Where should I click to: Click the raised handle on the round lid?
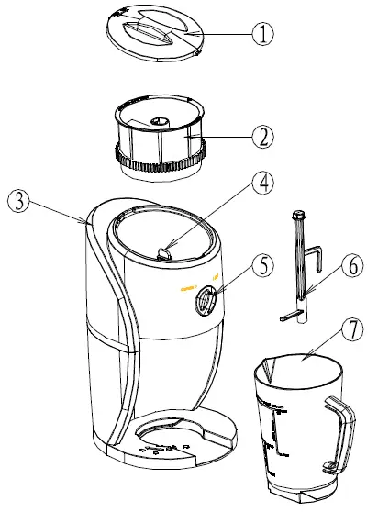147,28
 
